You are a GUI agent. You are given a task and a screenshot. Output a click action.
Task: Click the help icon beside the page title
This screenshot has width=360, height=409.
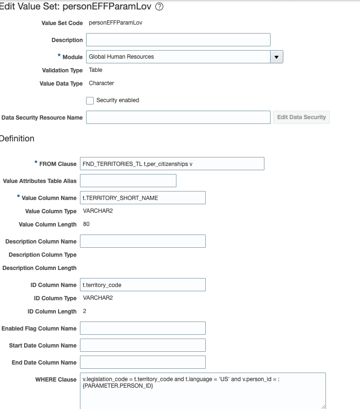159,7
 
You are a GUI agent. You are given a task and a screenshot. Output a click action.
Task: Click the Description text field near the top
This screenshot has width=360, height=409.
178,40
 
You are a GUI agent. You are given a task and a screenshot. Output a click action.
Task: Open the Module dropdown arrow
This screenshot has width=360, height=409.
276,57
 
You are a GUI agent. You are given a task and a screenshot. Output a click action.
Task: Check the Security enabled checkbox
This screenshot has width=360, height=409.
90,101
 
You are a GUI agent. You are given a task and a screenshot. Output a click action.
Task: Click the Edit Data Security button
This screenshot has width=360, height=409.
301,117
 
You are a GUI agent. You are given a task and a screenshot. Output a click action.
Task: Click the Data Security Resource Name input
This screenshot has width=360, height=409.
178,117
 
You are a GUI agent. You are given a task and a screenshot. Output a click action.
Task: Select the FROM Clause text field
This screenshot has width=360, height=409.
172,164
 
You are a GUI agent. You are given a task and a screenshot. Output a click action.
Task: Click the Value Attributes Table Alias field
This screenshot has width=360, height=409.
128,181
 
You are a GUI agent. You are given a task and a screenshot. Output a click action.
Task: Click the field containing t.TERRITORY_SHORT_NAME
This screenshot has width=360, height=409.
143,198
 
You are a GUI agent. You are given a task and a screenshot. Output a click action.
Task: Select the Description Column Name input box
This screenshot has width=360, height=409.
143,241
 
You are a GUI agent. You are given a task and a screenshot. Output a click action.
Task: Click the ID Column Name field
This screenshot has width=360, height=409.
143,285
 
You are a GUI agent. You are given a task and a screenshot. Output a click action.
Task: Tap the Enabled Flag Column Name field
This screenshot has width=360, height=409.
143,328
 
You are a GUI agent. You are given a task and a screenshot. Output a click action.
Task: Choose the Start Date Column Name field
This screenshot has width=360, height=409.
143,345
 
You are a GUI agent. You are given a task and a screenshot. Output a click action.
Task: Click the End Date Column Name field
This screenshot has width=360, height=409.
143,362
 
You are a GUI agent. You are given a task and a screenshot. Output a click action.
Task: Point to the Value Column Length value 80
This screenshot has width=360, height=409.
86,224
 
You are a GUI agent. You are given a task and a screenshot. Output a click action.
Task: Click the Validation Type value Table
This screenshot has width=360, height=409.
96,70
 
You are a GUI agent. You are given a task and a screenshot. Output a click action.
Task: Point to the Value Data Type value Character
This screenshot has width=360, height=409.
101,83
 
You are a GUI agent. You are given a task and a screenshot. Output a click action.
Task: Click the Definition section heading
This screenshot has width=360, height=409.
17,139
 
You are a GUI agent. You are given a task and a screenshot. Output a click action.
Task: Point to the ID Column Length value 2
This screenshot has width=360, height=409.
85,311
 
